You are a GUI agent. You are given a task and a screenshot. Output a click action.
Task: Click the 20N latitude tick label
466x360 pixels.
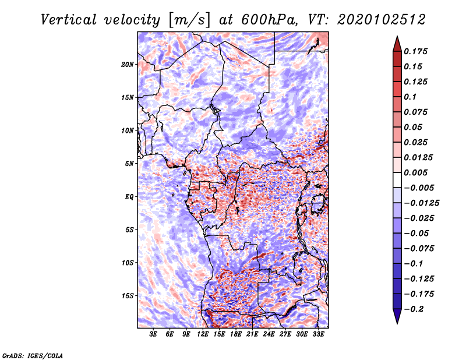click(x=128, y=65)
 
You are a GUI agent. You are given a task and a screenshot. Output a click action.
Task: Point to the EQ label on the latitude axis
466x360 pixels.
click(x=129, y=197)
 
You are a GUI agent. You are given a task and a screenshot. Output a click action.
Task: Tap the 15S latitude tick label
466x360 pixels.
click(x=128, y=296)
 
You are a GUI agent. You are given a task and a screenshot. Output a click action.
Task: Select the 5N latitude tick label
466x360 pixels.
click(x=129, y=164)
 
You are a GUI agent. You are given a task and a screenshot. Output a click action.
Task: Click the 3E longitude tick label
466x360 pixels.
click(x=153, y=334)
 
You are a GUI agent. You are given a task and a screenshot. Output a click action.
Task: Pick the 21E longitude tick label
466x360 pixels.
click(x=252, y=334)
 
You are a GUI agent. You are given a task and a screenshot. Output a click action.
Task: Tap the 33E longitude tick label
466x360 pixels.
click(x=318, y=334)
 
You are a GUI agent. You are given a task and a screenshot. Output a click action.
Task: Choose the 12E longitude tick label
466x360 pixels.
click(x=202, y=334)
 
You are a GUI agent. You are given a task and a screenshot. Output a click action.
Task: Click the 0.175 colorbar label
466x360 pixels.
click(x=415, y=51)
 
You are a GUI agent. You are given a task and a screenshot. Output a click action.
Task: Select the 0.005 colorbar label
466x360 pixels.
click(x=415, y=172)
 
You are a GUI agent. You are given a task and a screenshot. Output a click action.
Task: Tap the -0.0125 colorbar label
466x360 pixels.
click(x=421, y=203)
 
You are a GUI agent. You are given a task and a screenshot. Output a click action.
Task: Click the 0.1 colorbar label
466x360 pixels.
click(x=410, y=97)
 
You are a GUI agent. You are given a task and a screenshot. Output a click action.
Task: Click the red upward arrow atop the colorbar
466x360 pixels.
click(x=397, y=44)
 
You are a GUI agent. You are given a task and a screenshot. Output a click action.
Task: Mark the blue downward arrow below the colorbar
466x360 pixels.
click(x=397, y=316)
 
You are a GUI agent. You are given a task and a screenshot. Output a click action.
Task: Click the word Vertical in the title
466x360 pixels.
click(x=68, y=20)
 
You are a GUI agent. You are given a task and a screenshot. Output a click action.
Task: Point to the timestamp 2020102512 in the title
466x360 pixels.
click(x=382, y=20)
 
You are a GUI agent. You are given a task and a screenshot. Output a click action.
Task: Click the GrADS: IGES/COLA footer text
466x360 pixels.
click(x=33, y=355)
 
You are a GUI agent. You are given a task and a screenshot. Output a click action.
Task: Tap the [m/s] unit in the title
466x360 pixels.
click(x=190, y=20)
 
